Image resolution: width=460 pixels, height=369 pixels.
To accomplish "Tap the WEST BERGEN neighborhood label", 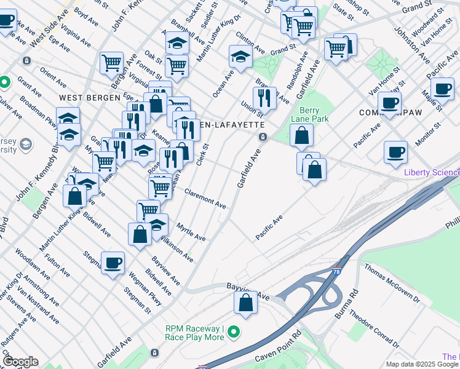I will coord(83,98).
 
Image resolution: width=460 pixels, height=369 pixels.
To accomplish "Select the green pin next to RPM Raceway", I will coord(233,333).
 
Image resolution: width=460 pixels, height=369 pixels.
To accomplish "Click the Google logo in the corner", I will coord(20,362).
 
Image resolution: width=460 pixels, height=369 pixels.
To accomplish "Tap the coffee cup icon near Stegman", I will coord(113,263).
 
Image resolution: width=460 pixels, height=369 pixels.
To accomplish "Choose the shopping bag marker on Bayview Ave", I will coord(245,303).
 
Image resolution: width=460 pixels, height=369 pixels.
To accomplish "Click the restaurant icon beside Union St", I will coord(264,97).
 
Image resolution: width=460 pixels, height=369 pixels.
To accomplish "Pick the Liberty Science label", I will coord(431,172).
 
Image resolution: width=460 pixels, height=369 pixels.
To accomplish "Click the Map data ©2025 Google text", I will coord(422,364).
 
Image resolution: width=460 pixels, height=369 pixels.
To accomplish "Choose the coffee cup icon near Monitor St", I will coord(395,152).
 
